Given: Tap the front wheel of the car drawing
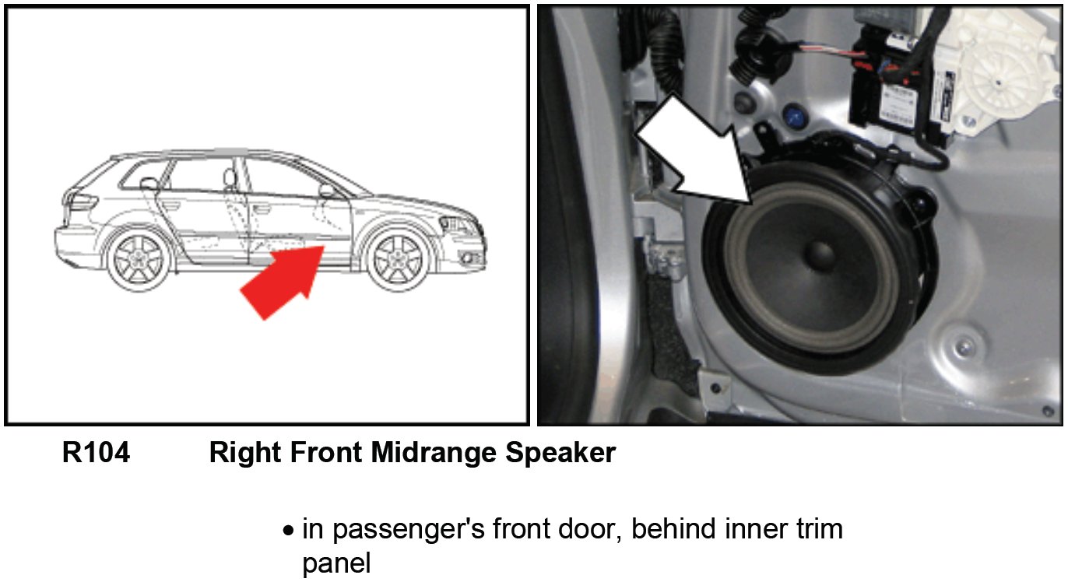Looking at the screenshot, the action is click(398, 259).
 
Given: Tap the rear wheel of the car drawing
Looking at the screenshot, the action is click(139, 258).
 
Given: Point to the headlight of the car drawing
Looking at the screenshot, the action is click(455, 224).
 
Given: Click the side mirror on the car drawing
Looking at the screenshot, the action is click(327, 191).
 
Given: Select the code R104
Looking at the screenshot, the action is click(96, 452).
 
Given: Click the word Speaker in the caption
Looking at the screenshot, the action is click(560, 452).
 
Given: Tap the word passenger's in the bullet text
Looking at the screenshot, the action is click(409, 530).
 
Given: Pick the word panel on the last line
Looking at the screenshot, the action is click(336, 564).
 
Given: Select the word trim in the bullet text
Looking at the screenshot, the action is click(820, 528).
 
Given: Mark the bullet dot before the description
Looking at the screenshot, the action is click(288, 531).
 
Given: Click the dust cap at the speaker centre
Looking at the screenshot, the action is click(821, 255).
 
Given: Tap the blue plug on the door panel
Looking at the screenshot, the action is click(793, 115).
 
